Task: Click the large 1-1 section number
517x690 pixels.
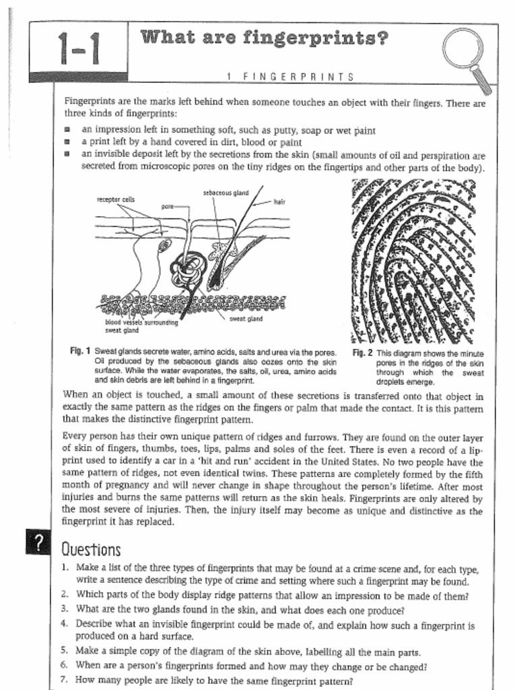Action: click(79, 48)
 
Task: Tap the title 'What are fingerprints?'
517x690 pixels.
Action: click(265, 38)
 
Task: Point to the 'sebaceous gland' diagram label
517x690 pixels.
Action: click(226, 193)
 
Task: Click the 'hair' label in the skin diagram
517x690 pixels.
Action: click(279, 201)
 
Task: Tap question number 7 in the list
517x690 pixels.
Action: click(64, 680)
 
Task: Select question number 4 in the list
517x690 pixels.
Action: click(64, 625)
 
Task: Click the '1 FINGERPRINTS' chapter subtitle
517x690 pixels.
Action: click(290, 77)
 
